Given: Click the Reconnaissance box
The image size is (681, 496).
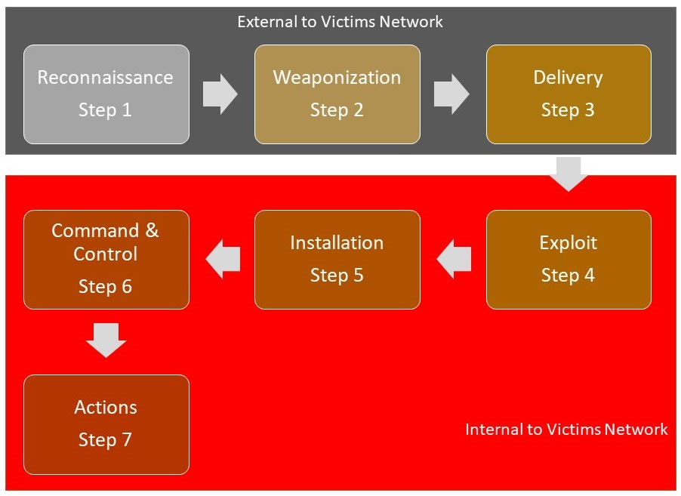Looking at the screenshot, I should coord(106,94).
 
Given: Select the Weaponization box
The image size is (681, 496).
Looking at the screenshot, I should coord(337,94).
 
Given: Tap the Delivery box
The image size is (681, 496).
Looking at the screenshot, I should coord(568,94).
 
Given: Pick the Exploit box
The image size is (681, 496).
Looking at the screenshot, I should coord(568,259).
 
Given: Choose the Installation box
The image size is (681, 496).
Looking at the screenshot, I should coord(337,259).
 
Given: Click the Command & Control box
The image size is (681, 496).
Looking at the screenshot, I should coord(106,259).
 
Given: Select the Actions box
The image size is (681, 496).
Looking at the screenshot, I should coord(106,424).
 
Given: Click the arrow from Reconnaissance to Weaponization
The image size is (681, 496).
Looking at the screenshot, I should coord(220,94).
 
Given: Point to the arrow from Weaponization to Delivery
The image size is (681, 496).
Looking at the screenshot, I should coord(451,94).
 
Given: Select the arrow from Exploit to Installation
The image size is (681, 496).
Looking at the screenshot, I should coord(455,260).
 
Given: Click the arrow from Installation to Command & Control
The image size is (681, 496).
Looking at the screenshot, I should coord(223,260).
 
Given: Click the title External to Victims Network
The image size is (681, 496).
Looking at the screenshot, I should coord(340,21).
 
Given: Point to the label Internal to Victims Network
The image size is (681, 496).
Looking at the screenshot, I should coord(566,430).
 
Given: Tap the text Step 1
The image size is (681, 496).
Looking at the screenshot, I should coord(105,110).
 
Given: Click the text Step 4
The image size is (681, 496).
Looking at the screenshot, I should coord(568,276).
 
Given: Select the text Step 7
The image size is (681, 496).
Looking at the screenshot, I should coord(105,440).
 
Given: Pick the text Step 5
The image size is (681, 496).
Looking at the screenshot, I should coord(337,276).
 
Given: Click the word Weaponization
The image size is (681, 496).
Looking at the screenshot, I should coord(337,78).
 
